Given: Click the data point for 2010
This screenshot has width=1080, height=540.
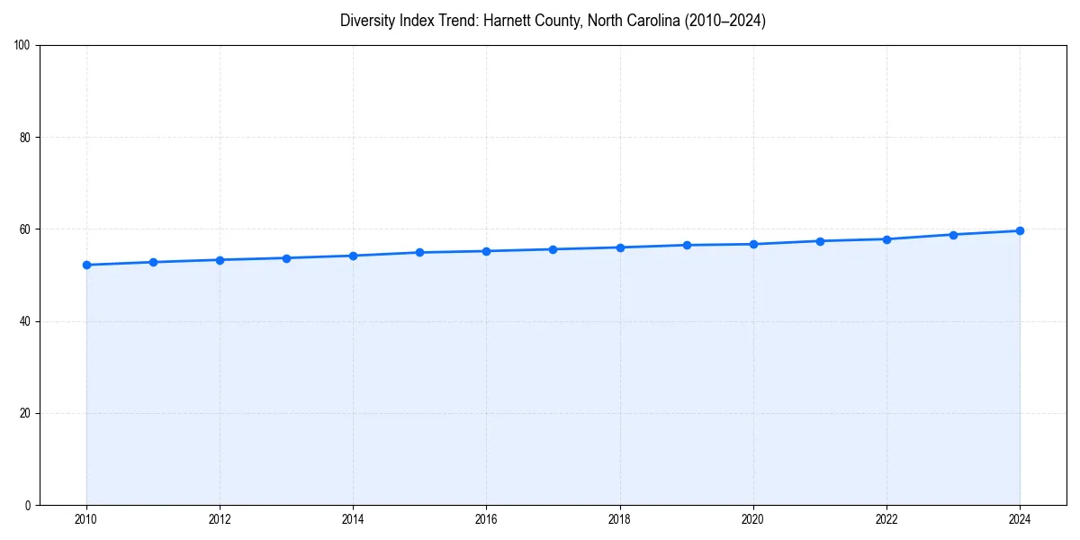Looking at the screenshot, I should [x=86, y=265].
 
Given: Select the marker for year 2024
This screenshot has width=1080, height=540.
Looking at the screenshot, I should [x=1020, y=230].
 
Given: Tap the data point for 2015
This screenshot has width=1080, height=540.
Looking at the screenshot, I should [x=419, y=252].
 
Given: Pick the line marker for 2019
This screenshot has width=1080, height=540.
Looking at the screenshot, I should [x=687, y=245].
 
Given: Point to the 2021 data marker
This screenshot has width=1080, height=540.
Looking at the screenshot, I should [x=820, y=241].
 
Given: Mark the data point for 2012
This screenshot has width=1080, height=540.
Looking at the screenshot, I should [x=220, y=260].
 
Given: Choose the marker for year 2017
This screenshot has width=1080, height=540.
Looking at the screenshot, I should [x=553, y=249].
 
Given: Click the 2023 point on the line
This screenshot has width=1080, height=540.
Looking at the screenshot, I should [x=953, y=235].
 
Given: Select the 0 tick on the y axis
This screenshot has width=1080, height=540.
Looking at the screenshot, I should [x=29, y=505].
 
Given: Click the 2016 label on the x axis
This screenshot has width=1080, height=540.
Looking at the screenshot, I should [x=486, y=519].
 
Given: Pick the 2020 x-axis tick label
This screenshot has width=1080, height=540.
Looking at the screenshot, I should [x=753, y=519].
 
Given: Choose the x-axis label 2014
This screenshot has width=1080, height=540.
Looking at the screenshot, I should [x=353, y=519].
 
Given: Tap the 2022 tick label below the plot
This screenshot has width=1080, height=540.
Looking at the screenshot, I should [x=886, y=519].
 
